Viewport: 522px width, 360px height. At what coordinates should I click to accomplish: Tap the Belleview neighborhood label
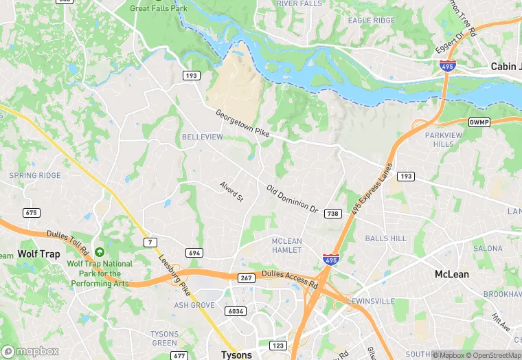click(202, 137)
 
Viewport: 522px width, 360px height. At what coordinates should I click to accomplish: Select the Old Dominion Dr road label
click(293, 199)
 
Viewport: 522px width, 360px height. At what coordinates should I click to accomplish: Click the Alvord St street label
click(231, 192)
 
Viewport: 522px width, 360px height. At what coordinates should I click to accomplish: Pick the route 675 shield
click(30, 213)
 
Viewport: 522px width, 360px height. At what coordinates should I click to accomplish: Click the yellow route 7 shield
click(150, 242)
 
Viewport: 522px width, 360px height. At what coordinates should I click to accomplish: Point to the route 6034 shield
click(235, 311)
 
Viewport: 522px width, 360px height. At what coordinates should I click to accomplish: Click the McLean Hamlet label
click(286, 245)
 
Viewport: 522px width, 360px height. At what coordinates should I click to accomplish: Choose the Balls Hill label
click(385, 238)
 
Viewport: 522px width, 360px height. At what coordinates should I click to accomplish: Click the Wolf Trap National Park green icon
click(100, 254)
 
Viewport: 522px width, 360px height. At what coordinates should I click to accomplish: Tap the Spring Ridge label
click(34, 176)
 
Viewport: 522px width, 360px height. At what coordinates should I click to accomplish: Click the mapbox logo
click(30, 351)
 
